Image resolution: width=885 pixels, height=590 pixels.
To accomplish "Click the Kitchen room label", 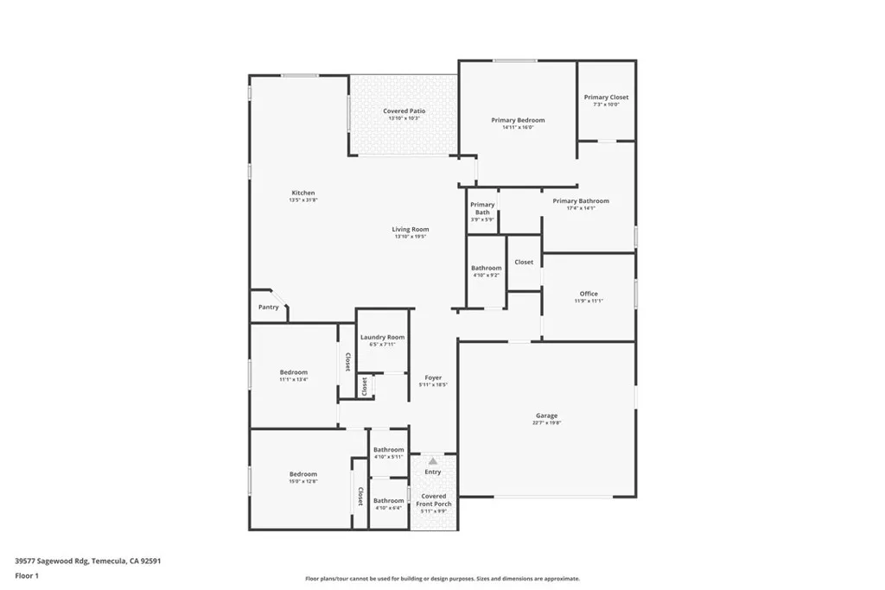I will click(x=303, y=193).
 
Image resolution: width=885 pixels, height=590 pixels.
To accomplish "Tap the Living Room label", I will click(x=411, y=230).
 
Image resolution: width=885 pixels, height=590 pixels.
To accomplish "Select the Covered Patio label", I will click(x=404, y=111).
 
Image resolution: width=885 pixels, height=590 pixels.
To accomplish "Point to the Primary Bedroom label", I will click(x=518, y=120).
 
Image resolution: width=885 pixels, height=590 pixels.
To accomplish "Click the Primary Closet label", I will click(x=606, y=98).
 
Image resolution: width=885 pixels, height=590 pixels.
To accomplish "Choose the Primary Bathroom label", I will click(x=581, y=201).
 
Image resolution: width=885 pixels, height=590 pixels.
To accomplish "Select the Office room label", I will click(x=589, y=294).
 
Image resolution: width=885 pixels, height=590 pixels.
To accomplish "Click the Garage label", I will click(x=546, y=416).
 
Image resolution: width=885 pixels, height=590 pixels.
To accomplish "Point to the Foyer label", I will click(x=433, y=378).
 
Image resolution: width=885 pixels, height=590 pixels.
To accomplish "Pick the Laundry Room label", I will click(x=382, y=337).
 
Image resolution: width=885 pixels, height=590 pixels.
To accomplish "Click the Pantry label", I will click(x=269, y=307).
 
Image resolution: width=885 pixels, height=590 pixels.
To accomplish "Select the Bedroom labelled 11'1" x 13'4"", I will click(x=294, y=372).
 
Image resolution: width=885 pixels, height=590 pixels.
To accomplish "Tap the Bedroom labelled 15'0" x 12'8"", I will click(x=303, y=474).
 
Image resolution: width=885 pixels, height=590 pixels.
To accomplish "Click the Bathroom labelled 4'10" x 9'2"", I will click(x=487, y=269).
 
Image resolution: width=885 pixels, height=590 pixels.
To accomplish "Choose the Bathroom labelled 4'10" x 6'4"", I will click(x=388, y=501).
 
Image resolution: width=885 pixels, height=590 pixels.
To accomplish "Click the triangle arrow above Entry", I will click(x=433, y=461).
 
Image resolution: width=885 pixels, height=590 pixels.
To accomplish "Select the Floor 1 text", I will click(x=27, y=575).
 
